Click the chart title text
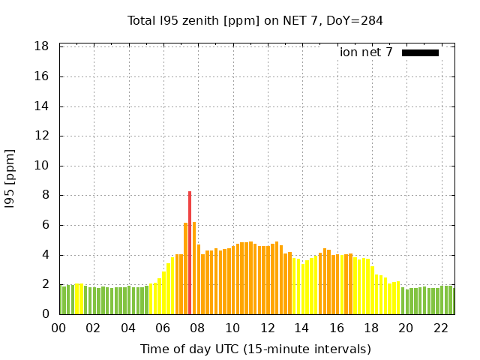click(255, 21)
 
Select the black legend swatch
click(420, 52)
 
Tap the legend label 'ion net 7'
click(366, 52)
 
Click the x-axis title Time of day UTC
click(255, 349)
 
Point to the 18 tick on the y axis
click(43, 46)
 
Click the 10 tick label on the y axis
click(43, 166)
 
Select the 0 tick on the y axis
click(46, 314)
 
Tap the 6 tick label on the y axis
click(46, 225)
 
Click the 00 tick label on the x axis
click(59, 328)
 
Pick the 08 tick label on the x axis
click(198, 328)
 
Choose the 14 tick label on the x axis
click(301, 328)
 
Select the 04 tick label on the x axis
click(128, 328)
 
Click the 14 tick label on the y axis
click(43, 106)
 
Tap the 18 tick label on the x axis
click(371, 328)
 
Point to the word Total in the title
click(142, 21)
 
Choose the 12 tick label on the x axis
click(267, 328)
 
